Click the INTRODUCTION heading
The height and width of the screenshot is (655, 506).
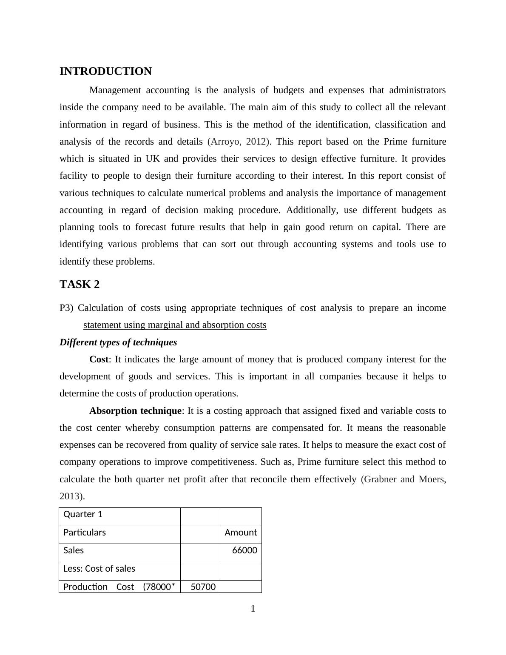(x=105, y=71)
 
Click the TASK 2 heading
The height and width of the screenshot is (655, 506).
(x=80, y=285)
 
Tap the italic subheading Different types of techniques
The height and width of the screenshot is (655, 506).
(x=118, y=342)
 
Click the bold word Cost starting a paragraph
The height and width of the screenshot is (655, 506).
(x=99, y=359)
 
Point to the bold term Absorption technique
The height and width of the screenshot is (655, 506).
(x=135, y=411)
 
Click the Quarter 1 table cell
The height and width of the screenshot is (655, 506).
(x=83, y=514)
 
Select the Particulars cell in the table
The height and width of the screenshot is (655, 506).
(x=85, y=533)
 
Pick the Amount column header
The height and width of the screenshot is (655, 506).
(x=241, y=533)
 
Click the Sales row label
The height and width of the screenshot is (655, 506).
(x=74, y=550)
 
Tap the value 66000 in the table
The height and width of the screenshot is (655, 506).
(x=244, y=550)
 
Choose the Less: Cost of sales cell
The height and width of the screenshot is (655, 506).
(x=99, y=569)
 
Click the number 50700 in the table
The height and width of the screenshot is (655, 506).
(x=203, y=587)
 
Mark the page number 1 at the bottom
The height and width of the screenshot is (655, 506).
(x=253, y=609)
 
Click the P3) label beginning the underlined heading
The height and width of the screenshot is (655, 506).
(x=66, y=308)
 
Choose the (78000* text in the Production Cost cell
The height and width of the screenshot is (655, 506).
(x=159, y=587)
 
